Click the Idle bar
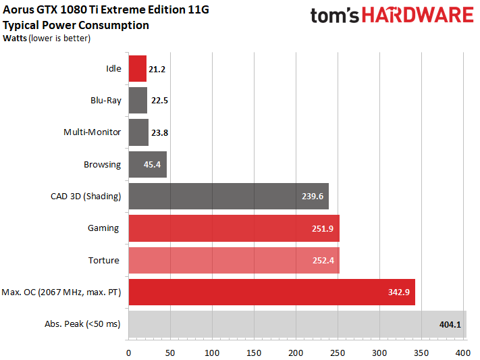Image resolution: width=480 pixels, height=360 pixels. tap(137, 68)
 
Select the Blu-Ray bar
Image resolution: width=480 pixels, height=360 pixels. tap(138, 100)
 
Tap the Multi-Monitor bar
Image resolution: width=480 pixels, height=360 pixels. tap(138, 132)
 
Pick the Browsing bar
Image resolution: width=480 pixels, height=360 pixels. tap(147, 164)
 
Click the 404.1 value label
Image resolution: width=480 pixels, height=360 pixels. tap(450, 324)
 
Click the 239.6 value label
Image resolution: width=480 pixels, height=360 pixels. tap(313, 197)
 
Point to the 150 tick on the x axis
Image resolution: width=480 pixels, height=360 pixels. tap(255, 352)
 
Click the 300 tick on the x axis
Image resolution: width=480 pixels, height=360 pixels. tap(380, 352)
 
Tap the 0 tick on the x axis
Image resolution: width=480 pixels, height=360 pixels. tap(129, 352)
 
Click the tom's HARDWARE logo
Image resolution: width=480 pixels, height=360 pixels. tap(392, 16)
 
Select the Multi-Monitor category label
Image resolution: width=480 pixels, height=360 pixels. tap(92, 132)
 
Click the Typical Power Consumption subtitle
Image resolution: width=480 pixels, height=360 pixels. tap(76, 26)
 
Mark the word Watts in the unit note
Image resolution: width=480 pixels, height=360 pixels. tap(16, 38)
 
